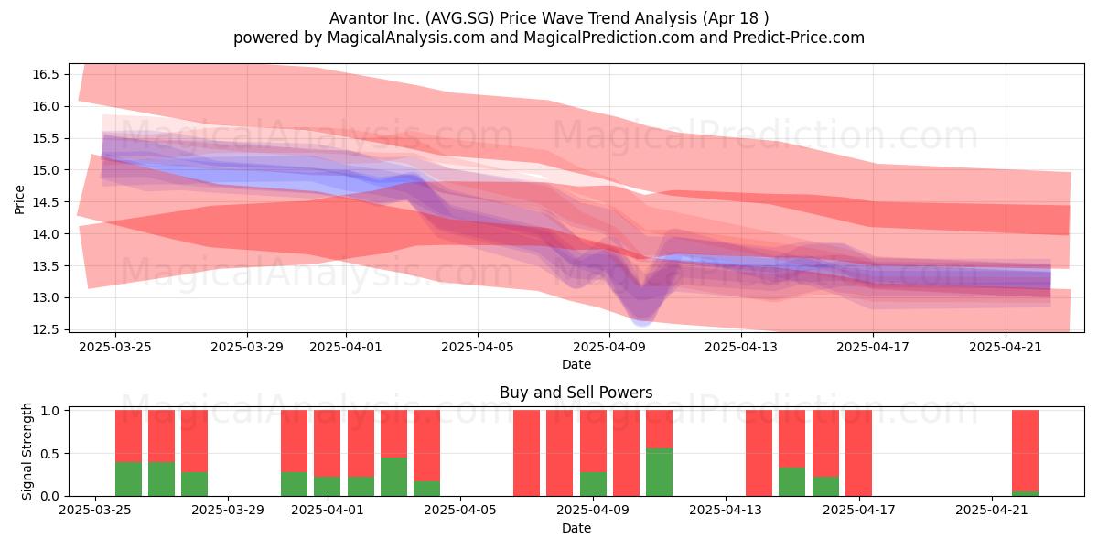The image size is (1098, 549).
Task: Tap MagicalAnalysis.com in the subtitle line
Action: click(406, 38)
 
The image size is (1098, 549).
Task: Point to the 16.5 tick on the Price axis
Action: click(46, 74)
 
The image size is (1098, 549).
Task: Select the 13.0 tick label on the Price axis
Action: click(46, 298)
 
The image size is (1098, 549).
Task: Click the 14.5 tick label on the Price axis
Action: click(46, 202)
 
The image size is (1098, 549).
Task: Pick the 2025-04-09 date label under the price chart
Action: click(609, 347)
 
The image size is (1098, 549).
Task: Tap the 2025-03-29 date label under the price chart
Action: click(247, 347)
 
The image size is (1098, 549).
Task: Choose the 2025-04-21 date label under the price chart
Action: click(1006, 347)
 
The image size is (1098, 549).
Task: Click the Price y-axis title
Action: click(19, 199)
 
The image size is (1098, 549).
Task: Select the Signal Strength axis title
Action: click(27, 451)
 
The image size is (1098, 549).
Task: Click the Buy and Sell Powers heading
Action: click(576, 393)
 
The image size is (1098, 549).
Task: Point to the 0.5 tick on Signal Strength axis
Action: click(50, 454)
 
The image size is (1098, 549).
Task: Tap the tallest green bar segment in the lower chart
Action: click(659, 472)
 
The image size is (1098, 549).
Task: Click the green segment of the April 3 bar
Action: click(393, 477)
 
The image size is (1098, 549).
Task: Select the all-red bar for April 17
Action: click(858, 453)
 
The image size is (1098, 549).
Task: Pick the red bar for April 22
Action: click(1025, 451)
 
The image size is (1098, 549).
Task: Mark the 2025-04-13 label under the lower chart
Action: click(726, 511)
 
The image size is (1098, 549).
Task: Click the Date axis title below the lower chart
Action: click(576, 529)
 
